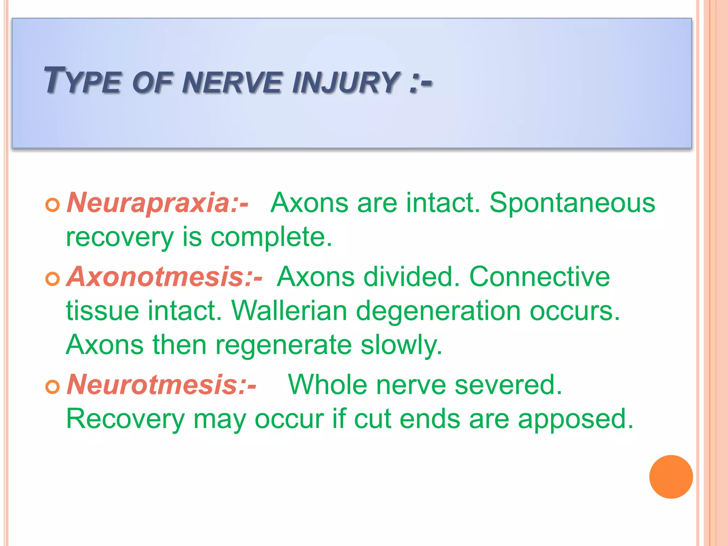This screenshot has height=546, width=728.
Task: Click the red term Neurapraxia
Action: (x=149, y=203)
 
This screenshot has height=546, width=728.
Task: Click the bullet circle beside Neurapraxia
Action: (x=53, y=205)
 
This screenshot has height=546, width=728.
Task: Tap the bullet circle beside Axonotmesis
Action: (x=53, y=279)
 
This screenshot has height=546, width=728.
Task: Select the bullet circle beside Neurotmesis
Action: (x=53, y=387)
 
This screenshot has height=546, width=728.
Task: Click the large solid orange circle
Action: (x=671, y=477)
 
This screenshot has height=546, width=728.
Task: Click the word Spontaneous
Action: (x=572, y=203)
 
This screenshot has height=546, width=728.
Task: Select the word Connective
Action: (x=539, y=277)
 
